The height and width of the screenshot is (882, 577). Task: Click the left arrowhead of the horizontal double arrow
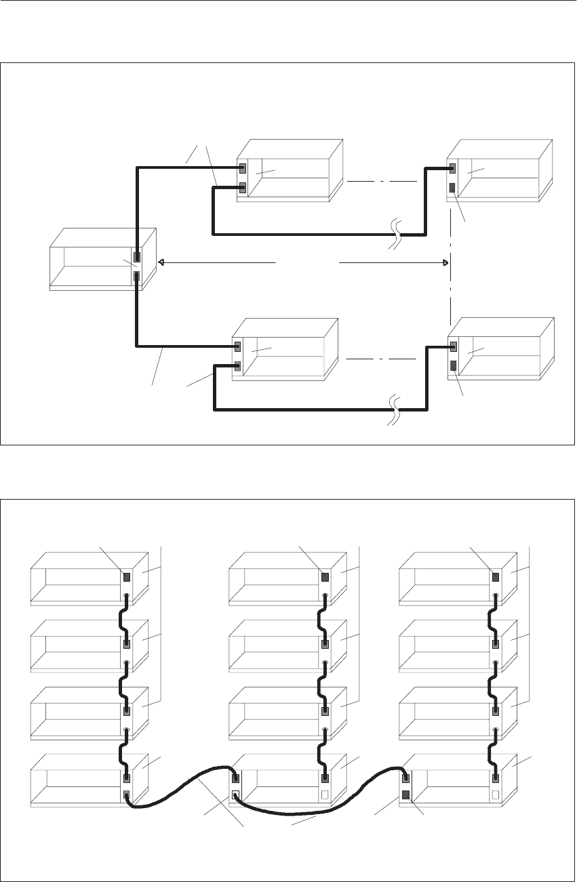tap(161, 262)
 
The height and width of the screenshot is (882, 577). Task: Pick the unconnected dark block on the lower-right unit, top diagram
tap(452, 367)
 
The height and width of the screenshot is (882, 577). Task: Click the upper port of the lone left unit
tap(137, 257)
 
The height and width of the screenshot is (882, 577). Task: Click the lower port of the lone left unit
tap(137, 276)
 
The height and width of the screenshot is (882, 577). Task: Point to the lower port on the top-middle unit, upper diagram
tap(241, 187)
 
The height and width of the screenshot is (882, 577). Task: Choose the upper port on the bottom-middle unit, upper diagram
tap(237, 346)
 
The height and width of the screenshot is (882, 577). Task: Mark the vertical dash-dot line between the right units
tap(450, 285)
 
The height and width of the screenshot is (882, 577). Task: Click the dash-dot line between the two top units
tap(380, 182)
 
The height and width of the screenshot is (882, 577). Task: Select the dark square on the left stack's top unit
tap(127, 578)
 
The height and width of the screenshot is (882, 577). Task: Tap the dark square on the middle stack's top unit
tap(325, 578)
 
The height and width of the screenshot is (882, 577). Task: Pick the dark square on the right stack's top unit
tap(495, 578)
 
